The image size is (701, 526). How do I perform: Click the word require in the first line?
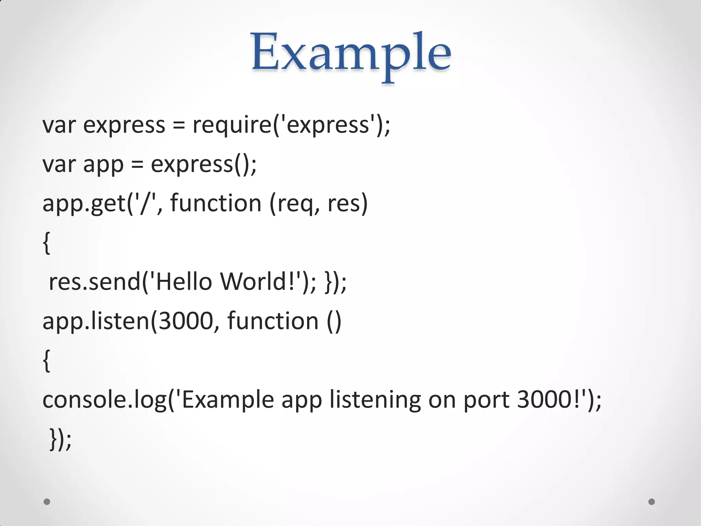[232, 125]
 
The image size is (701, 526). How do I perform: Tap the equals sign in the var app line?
[137, 164]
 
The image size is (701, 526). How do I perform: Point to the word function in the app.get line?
[216, 203]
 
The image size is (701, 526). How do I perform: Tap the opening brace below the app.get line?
[47, 243]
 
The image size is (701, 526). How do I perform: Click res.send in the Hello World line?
[94, 282]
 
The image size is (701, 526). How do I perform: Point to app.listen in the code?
[96, 321]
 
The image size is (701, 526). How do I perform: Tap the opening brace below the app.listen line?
[47, 361]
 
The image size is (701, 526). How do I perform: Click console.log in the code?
[104, 400]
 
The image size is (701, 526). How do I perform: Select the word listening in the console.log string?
[374, 400]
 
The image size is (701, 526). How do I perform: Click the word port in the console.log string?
[486, 400]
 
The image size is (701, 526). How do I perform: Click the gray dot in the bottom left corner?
[47, 502]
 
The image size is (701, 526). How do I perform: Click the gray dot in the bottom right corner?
[652, 502]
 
